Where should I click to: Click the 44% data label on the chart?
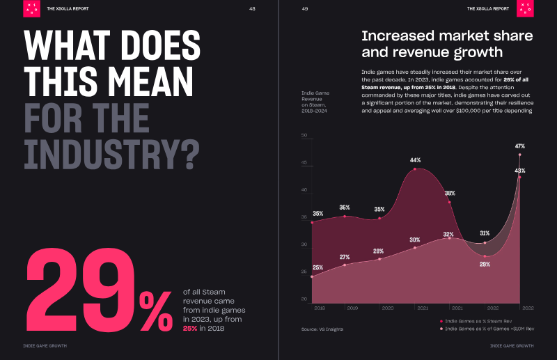pos(415,160)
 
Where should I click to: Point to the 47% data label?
pos(519,146)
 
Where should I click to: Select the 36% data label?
pos(344,208)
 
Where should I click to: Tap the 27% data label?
pos(344,257)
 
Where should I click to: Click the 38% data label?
pos(450,194)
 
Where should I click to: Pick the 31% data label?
pos(485,233)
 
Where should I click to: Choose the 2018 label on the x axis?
pos(320,307)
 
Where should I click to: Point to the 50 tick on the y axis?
pos(304,136)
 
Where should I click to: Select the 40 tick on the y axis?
pos(304,190)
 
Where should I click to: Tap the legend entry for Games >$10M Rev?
pos(487,328)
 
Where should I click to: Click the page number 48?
pos(251,8)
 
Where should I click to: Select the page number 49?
pos(305,8)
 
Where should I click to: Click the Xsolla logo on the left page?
pos(31,8)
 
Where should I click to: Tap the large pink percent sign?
pos(155,311)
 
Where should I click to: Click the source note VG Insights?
pos(322,329)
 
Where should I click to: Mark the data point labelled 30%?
pos(415,247)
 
